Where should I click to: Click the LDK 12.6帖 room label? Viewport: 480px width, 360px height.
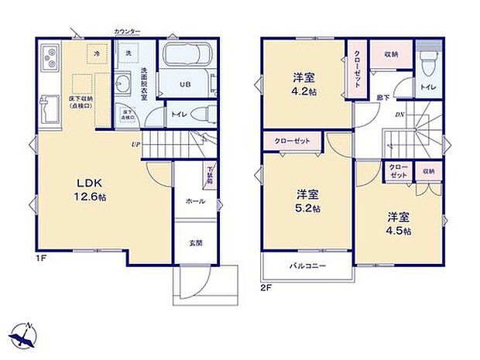click(87, 190)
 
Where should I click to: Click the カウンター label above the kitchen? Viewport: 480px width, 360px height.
click(127, 31)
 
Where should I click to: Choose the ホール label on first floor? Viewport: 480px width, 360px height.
click(194, 201)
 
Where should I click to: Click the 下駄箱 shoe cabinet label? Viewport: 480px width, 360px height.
click(210, 174)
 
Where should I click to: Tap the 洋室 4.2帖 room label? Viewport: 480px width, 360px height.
click(303, 83)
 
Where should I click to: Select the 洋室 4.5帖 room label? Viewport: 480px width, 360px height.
click(399, 224)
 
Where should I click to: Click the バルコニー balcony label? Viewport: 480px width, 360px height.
click(307, 266)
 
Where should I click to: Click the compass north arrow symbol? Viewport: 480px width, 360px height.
click(26, 334)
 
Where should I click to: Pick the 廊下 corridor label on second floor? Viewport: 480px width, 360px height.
click(382, 96)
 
